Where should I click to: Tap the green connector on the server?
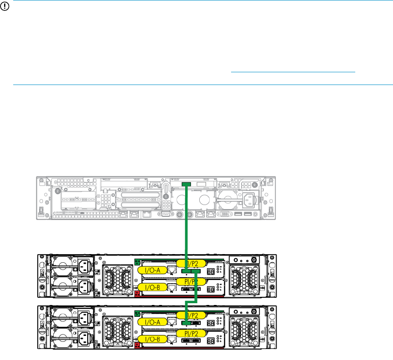(186, 184)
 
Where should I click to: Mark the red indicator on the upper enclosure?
(137, 293)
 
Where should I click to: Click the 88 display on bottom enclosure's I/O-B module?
(211, 340)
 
